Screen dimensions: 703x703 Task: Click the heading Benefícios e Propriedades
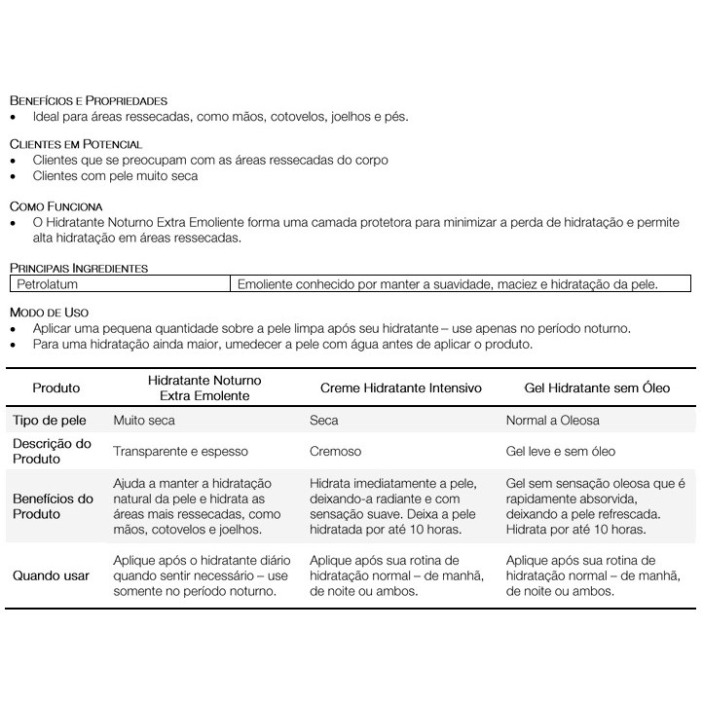(89, 100)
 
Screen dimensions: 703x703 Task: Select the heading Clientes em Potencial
(75, 144)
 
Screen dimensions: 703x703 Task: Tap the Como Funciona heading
(55, 206)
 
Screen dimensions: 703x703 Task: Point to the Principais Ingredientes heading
(79, 268)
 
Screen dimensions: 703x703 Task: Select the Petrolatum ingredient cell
(46, 284)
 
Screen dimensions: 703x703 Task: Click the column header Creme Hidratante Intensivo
(400, 388)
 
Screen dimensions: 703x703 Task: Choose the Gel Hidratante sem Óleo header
(598, 388)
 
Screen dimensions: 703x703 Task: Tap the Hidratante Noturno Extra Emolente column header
(204, 388)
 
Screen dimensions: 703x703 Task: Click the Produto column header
(56, 388)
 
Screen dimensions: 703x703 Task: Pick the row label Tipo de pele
(50, 421)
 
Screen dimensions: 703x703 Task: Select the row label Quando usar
(51, 575)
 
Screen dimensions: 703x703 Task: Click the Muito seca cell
(144, 421)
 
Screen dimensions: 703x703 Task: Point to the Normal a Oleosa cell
(553, 421)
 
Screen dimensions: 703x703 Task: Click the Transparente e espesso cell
(181, 452)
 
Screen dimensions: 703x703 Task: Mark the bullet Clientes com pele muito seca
(115, 176)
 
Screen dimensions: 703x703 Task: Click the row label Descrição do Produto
(53, 451)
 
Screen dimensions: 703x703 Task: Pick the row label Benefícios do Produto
(54, 506)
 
